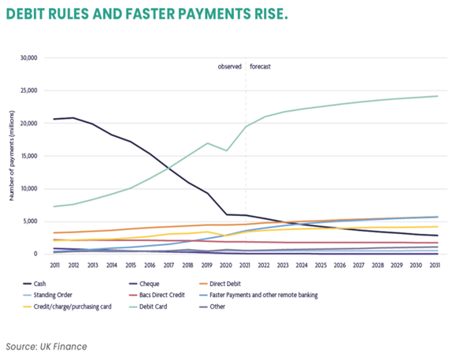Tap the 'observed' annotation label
pos(230,68)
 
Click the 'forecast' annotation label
pos(261,68)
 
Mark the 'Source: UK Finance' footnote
pos(48,346)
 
